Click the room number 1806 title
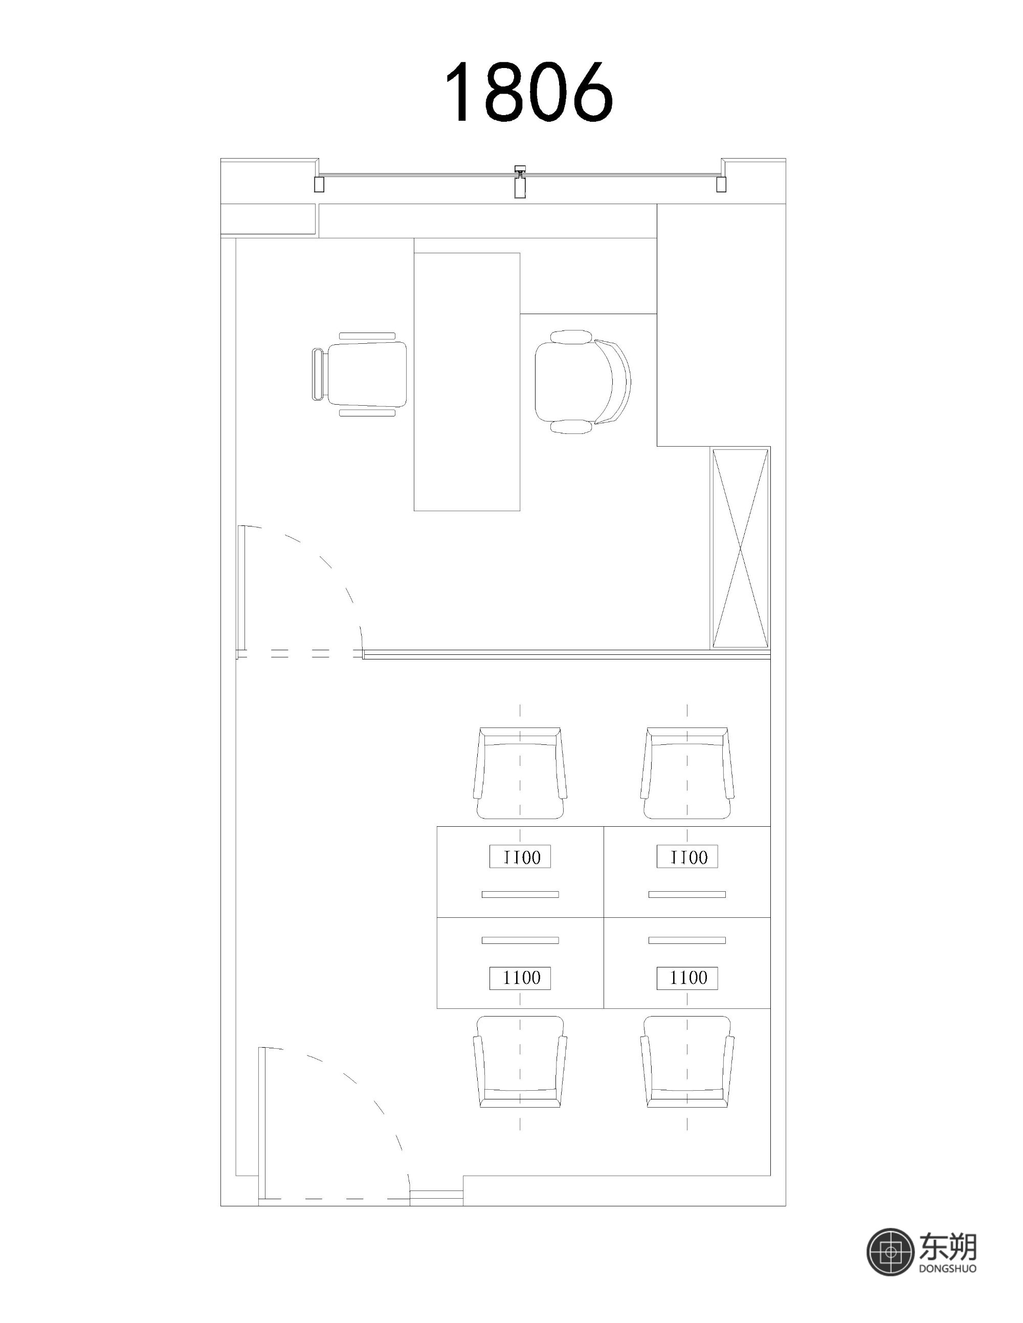[x=529, y=92]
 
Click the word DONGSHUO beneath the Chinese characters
[x=947, y=1268]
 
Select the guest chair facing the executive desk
[x=359, y=374]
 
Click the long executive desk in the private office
[x=467, y=382]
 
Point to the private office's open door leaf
[x=241, y=591]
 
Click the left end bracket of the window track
[x=319, y=184]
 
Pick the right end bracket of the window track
[x=721, y=184]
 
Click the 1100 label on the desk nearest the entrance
[x=520, y=978]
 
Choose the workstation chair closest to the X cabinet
[x=687, y=774]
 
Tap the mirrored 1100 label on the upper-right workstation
[x=687, y=856]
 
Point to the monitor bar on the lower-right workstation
[x=687, y=941]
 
